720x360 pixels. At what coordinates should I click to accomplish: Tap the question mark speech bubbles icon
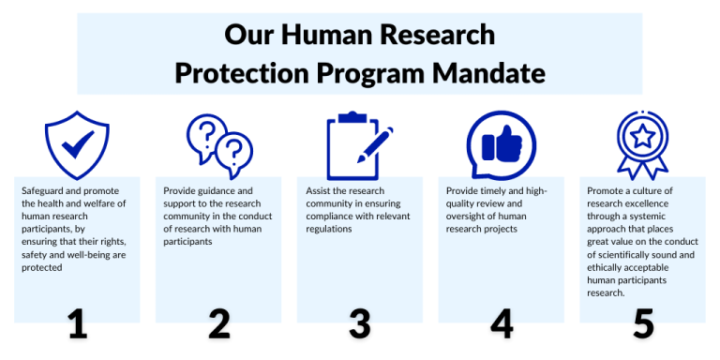pos(219,144)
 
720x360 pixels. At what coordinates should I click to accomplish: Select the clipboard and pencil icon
pos(359,145)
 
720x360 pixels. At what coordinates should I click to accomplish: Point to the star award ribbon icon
pos(642,145)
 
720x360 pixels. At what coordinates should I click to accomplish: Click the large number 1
pos(78,322)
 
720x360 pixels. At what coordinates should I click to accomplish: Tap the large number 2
pos(219,322)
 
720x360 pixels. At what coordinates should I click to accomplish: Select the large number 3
pos(360,322)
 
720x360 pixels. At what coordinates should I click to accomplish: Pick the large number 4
pos(502,322)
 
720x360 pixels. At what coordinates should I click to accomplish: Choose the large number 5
pos(642,322)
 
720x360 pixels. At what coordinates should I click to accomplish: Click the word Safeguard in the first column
pos(43,190)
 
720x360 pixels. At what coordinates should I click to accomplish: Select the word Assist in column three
pos(319,190)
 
